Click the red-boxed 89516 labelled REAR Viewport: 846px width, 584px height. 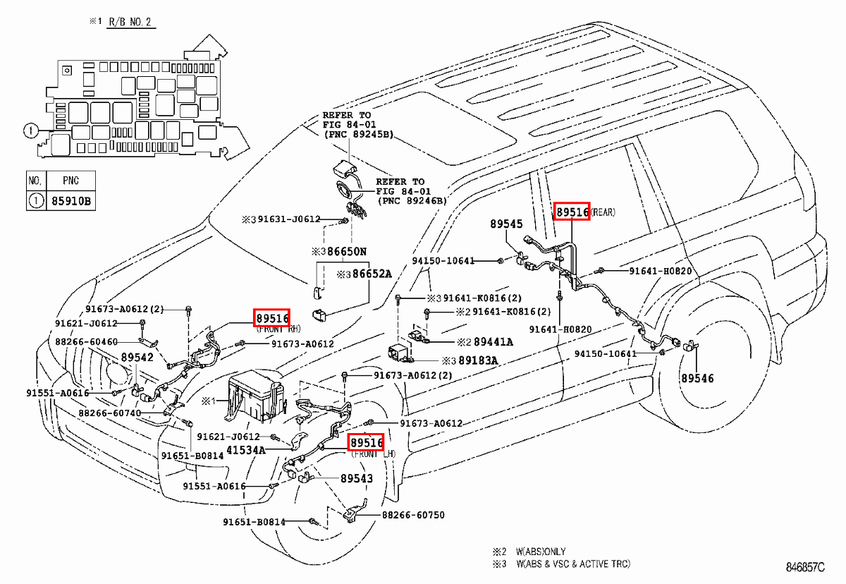click(571, 211)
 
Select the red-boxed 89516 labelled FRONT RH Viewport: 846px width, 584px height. click(272, 318)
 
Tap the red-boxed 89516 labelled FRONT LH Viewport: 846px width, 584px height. click(367, 442)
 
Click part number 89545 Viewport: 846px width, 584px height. click(506, 224)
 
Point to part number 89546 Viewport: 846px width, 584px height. click(697, 379)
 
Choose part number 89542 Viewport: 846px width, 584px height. click(137, 358)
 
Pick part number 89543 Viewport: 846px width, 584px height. click(356, 478)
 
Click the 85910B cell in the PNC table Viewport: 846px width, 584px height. click(70, 201)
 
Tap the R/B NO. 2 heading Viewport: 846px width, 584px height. click(130, 22)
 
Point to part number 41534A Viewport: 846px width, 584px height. click(246, 450)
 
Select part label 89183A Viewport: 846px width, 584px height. click(478, 360)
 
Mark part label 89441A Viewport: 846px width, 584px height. click(493, 341)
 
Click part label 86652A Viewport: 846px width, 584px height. click(373, 274)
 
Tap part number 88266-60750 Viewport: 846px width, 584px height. click(414, 515)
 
